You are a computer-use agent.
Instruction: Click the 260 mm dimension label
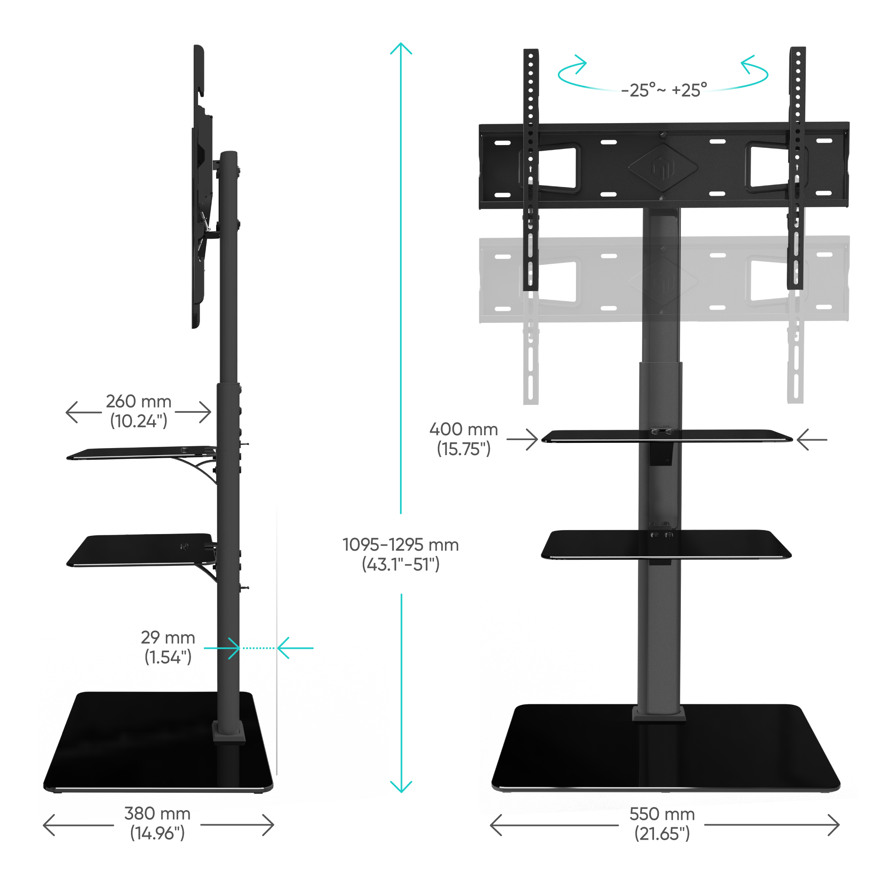[139, 411]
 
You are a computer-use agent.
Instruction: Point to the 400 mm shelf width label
[463, 439]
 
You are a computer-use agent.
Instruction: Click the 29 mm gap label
[168, 647]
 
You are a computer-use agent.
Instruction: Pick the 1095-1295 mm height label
[400, 555]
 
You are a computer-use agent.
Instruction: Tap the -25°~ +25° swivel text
[664, 90]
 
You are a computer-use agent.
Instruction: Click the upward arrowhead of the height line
[401, 48]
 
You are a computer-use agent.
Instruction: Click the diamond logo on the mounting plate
[663, 167]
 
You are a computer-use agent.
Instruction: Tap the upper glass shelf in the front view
[666, 436]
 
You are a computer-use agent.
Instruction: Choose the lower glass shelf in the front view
[666, 545]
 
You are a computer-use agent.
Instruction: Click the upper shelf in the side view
[142, 453]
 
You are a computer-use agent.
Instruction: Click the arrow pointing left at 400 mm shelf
[812, 440]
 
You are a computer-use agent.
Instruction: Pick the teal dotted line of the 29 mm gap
[258, 648]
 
